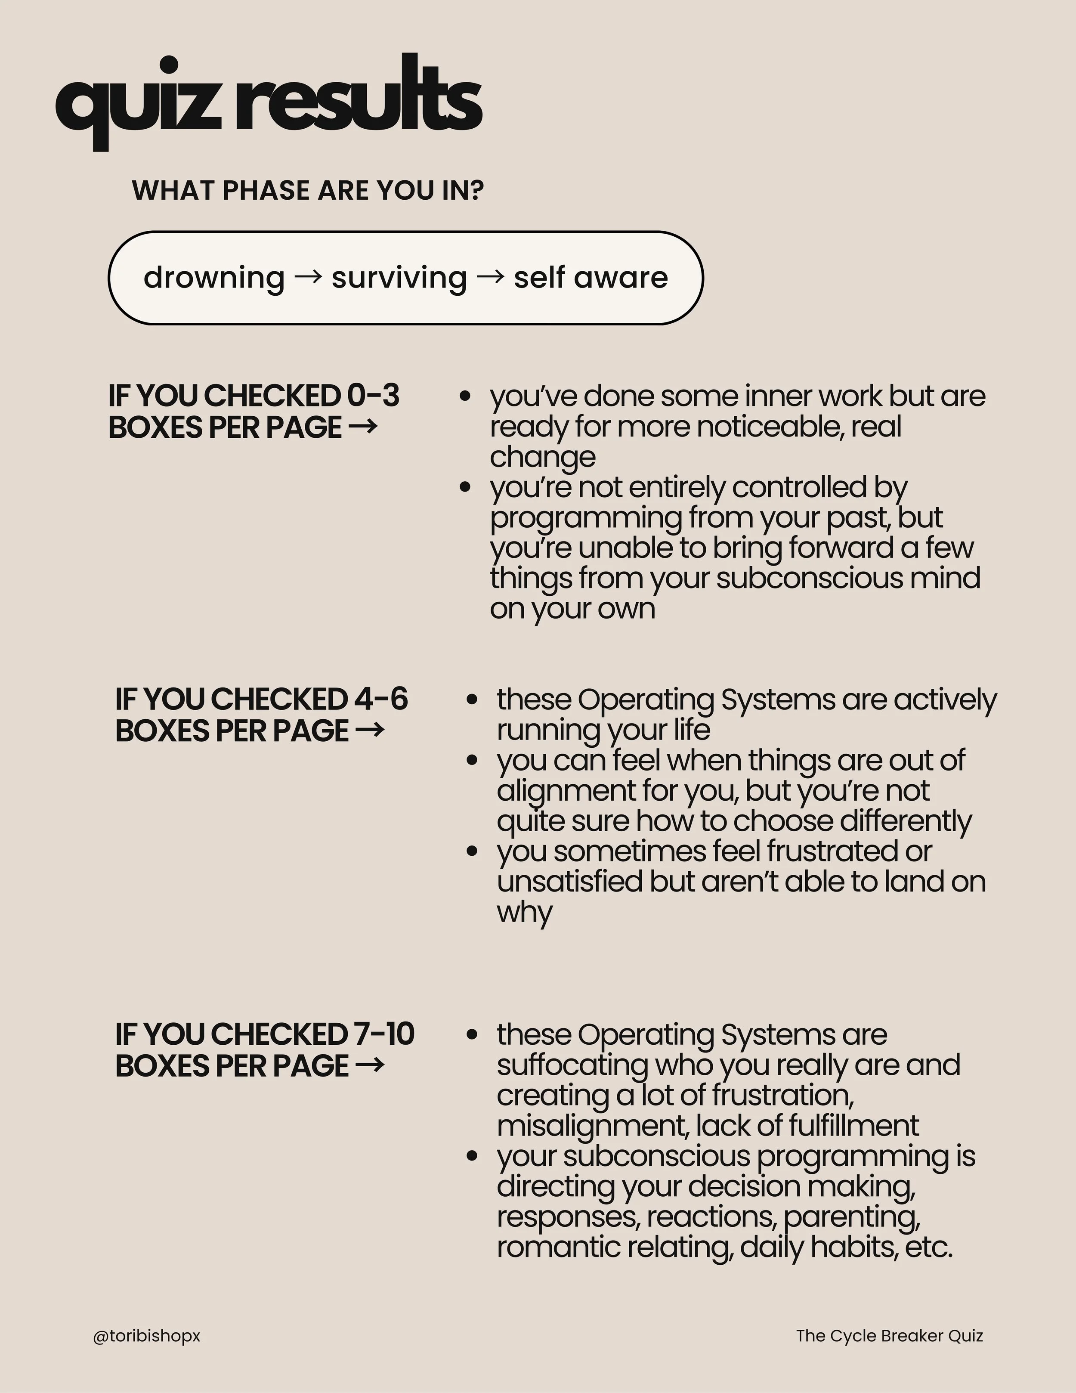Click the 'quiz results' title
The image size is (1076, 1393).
tap(268, 102)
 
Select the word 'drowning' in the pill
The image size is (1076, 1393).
tap(213, 278)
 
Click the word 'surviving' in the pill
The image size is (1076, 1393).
tap(399, 278)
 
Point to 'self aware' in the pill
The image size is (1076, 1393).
tap(591, 278)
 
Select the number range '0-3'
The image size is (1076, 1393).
tap(373, 396)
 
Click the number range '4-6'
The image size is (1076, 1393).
tap(381, 699)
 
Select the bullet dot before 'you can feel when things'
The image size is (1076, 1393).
tap(472, 760)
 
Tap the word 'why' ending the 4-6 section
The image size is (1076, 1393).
tap(524, 912)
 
